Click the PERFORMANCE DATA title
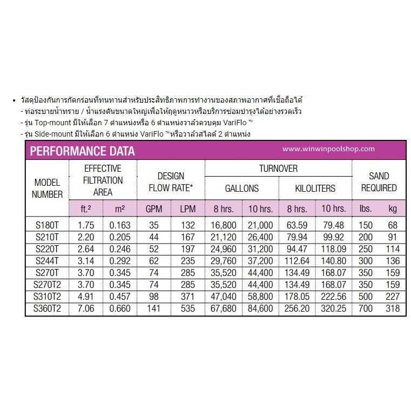coord(82,151)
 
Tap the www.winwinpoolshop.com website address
coord(328,149)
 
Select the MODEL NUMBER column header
coord(48,188)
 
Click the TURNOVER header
coord(278,169)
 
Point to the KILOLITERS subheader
coord(315,188)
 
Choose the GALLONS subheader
coord(241,188)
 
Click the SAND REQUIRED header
coord(379,182)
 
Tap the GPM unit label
coord(154,208)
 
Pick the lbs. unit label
coord(366,208)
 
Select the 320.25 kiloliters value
coord(333,308)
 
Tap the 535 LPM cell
coord(187,308)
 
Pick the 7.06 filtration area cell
coord(86,308)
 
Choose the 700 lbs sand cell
coord(366,308)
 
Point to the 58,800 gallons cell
coord(260,296)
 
